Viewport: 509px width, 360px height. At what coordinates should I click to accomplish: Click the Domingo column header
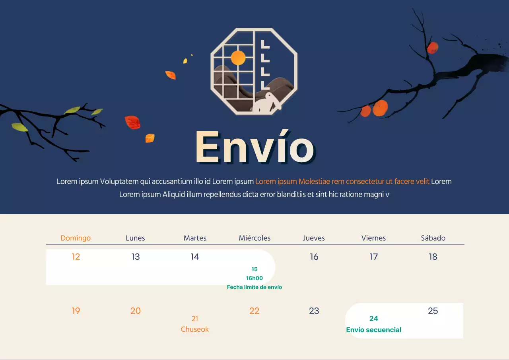tap(76, 238)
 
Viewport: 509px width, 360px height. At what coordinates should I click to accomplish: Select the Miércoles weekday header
tap(254, 238)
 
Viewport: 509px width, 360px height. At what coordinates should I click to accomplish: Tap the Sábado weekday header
tap(433, 238)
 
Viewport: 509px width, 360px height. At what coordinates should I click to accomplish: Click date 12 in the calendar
tap(76, 257)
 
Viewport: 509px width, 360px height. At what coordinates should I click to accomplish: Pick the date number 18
tap(433, 257)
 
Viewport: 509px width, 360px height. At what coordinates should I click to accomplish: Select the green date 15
tap(254, 269)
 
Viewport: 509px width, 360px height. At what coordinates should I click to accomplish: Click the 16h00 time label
tap(254, 278)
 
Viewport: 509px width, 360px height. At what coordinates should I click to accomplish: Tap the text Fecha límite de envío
tap(254, 287)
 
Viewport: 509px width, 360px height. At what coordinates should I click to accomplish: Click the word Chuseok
tap(195, 329)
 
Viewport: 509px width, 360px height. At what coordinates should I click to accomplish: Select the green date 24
tap(373, 318)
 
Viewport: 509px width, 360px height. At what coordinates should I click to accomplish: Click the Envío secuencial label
tap(373, 330)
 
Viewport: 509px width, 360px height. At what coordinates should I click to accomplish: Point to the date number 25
tap(433, 311)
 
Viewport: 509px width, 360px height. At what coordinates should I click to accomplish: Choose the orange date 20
tap(136, 311)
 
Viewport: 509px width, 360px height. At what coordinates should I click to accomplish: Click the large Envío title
tap(255, 147)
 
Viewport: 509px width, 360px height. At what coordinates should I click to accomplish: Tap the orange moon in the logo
tap(238, 58)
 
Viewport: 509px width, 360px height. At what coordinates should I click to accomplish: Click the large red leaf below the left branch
tap(133, 122)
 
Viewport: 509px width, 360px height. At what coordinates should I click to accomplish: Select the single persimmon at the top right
tap(433, 48)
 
